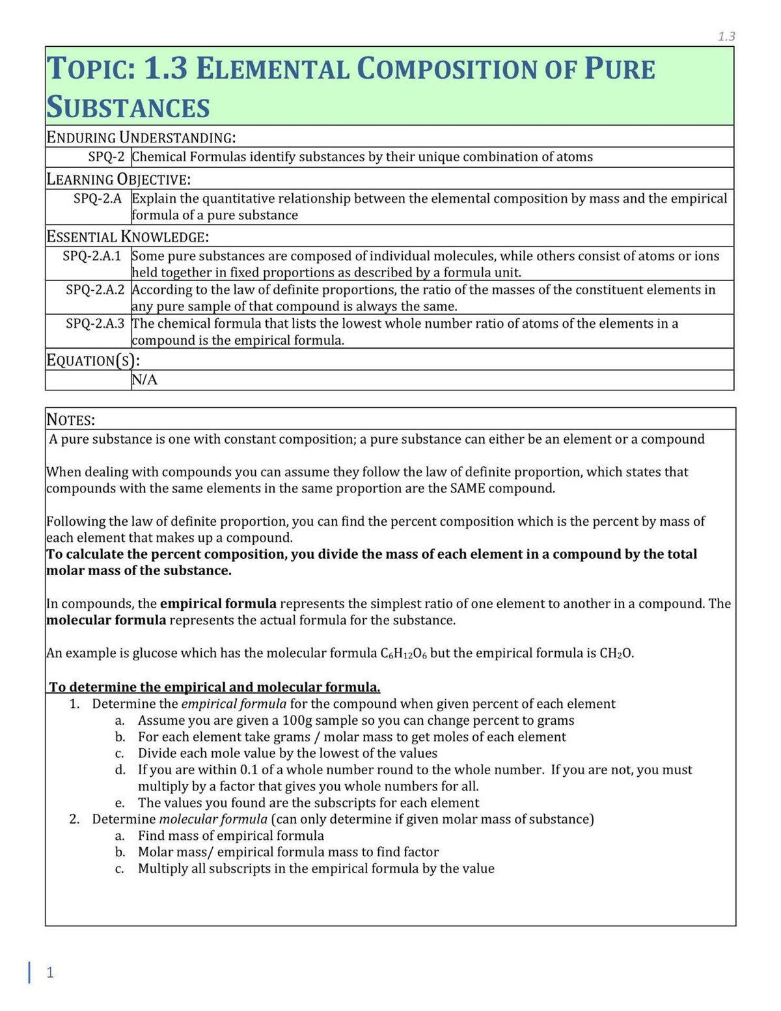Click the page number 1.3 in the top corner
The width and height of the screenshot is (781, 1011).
pos(726,36)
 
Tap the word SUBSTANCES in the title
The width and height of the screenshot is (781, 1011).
pos(128,107)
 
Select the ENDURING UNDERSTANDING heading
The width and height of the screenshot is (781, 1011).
pos(141,137)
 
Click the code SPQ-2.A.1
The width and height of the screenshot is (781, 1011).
pos(92,256)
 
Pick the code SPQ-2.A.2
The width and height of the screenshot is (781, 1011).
pos(94,290)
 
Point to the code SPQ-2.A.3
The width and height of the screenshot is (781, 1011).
pos(94,323)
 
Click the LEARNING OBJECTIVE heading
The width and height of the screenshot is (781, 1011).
pos(118,179)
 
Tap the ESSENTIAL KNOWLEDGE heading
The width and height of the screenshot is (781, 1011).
pos(128,236)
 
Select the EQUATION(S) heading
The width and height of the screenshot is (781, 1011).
pos(93,360)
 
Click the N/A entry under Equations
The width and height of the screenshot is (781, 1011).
pos(144,380)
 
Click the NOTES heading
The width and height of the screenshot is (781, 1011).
pos(70,420)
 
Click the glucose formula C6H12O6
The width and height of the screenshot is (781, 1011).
pos(403,653)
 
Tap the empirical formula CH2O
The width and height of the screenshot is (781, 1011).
pos(616,653)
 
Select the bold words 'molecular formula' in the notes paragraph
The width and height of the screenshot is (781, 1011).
pos(106,620)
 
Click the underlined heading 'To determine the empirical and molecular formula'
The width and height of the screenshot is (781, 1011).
pos(215,687)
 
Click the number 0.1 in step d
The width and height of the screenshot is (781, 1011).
pos(249,770)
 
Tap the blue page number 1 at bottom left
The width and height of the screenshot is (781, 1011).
pos(50,972)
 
